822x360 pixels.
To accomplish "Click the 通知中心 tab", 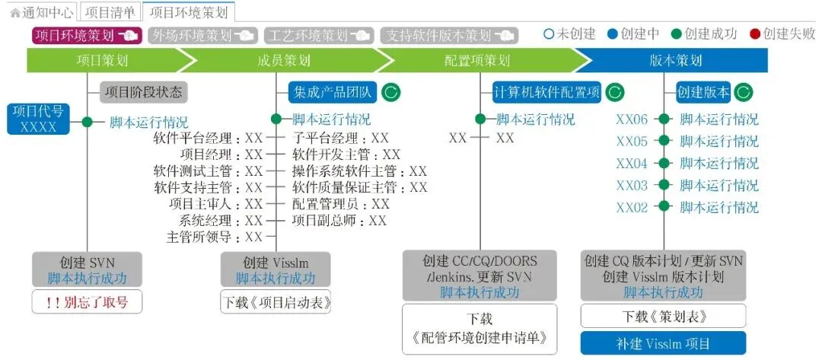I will pos(43,12).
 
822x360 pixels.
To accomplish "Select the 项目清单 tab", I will pos(110,12).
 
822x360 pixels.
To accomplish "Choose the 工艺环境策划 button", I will pos(317,35).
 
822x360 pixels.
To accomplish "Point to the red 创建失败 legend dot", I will pos(754,34).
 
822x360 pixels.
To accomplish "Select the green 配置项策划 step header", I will pos(477,61).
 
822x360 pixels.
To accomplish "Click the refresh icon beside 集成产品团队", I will pos(390,93).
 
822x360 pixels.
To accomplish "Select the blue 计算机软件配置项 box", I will pos(546,93).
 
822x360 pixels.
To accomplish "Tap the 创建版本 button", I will pos(703,93).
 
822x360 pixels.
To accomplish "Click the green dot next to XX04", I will pos(664,163).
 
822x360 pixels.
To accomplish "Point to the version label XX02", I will pos(632,207).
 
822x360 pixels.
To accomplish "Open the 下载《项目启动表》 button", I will pos(276,302).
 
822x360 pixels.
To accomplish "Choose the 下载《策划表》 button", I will pos(663,316).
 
